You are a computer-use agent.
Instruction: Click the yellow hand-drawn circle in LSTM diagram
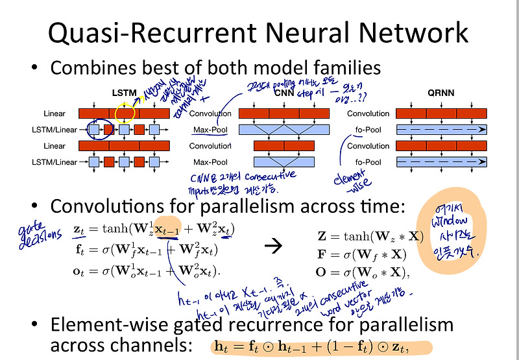click(x=125, y=113)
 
